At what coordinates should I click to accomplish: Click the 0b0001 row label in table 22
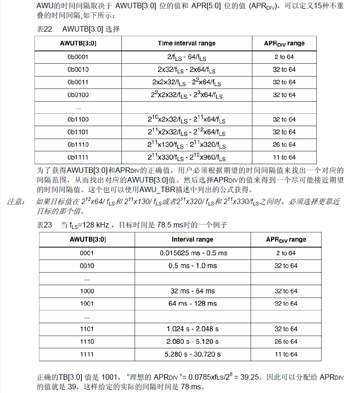78,57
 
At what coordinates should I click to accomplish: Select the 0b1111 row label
78,157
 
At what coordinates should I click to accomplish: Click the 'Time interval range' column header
186,44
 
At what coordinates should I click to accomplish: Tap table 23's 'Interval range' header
192,239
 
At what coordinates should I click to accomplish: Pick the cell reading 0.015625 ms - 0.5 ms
193,253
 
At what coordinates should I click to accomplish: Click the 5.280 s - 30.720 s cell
193,354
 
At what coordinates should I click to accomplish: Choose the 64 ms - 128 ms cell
193,304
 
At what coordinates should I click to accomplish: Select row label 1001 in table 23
87,304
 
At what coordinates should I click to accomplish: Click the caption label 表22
44,29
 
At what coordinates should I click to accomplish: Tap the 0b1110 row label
78,144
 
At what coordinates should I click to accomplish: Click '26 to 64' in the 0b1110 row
284,144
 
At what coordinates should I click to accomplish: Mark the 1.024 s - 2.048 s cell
193,329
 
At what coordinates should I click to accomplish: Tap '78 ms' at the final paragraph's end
190,387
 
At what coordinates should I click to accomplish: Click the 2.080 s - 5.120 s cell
193,342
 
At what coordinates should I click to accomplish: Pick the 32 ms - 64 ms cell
192,291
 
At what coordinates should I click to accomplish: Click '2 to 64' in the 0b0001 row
284,57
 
